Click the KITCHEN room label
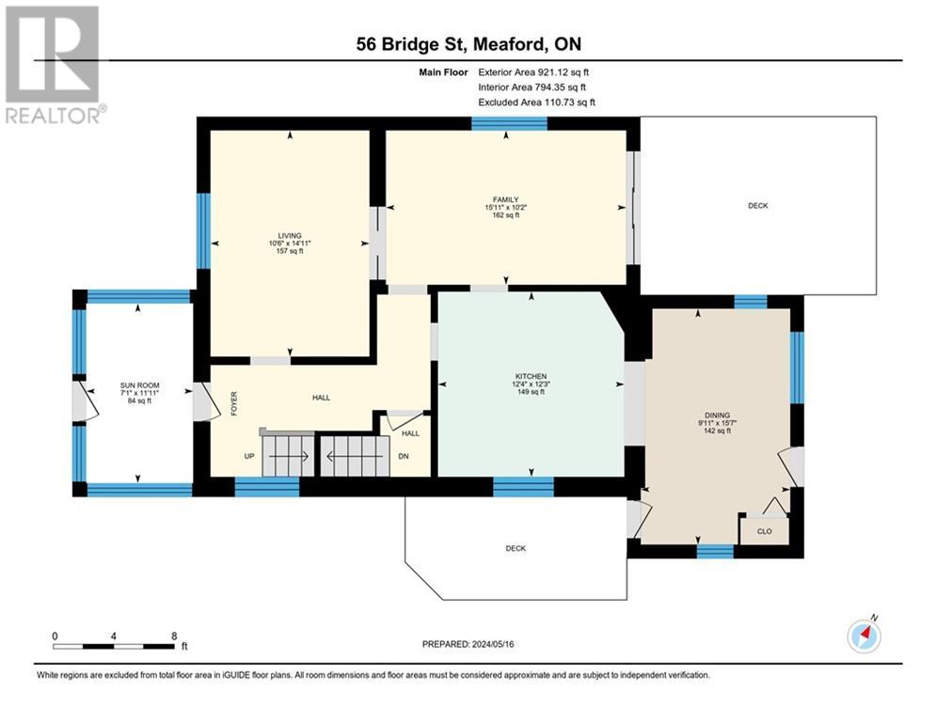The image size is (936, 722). pyautogui.click(x=531, y=377)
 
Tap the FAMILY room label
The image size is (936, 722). pyautogui.click(x=505, y=199)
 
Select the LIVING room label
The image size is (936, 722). pyautogui.click(x=290, y=236)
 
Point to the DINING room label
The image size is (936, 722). pyautogui.click(x=717, y=416)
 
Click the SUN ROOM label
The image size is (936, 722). pyautogui.click(x=139, y=385)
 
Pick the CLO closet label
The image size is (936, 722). pyautogui.click(x=764, y=531)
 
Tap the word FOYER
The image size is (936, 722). pyautogui.click(x=234, y=403)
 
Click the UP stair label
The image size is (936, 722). pyautogui.click(x=249, y=457)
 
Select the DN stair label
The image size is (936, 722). pyautogui.click(x=404, y=457)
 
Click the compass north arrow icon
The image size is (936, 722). pyautogui.click(x=864, y=636)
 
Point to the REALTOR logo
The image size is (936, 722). pyautogui.click(x=54, y=65)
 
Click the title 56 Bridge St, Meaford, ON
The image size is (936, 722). pyautogui.click(x=468, y=44)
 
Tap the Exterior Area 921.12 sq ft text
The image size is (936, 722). pyautogui.click(x=533, y=72)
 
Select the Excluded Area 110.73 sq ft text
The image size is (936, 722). pyautogui.click(x=536, y=102)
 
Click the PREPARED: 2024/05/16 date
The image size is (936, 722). pyautogui.click(x=468, y=644)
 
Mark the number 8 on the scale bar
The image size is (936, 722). pyautogui.click(x=174, y=636)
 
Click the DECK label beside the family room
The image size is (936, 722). pyautogui.click(x=758, y=206)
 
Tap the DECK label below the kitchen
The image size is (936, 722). pyautogui.click(x=516, y=548)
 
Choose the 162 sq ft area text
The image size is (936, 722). pyautogui.click(x=505, y=214)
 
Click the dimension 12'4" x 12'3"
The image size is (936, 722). pyautogui.click(x=531, y=385)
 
